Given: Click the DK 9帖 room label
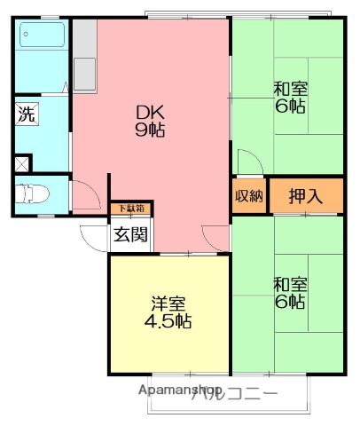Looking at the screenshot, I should pyautogui.click(x=149, y=121).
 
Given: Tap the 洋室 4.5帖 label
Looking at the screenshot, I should pyautogui.click(x=168, y=312).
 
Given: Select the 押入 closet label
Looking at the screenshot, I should pyautogui.click(x=307, y=196).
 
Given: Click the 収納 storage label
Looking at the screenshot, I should pyautogui.click(x=249, y=196).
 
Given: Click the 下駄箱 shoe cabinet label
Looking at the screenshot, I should pyautogui.click(x=130, y=209).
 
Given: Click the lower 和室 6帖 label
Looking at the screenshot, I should pyautogui.click(x=288, y=293).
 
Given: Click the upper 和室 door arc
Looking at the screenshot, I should pyautogui.click(x=247, y=162).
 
